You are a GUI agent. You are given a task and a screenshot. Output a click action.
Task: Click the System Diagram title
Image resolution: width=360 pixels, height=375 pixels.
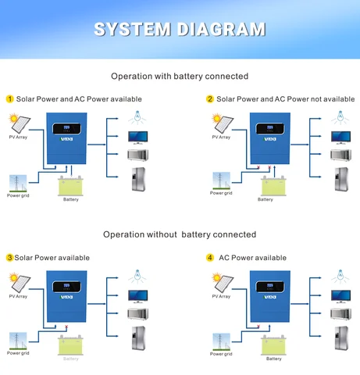click(x=180, y=29)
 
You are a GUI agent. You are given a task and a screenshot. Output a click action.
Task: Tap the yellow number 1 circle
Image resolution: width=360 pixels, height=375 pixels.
click(x=10, y=99)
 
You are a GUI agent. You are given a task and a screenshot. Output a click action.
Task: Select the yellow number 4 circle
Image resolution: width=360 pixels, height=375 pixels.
click(x=210, y=258)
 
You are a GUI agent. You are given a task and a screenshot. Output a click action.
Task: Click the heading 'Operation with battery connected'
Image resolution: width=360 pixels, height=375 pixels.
click(x=180, y=76)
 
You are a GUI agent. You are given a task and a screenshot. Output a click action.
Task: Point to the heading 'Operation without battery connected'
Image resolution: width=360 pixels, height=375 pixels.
click(x=180, y=234)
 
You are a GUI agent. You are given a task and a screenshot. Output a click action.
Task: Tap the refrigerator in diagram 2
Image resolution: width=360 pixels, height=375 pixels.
click(x=340, y=179)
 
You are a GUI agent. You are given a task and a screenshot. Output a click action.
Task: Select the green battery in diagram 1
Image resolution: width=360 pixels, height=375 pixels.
click(x=71, y=186)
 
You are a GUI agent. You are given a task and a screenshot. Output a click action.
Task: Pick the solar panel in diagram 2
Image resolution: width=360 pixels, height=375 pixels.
click(x=220, y=123)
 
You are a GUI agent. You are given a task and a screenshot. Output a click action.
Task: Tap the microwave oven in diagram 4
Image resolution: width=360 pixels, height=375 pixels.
click(x=340, y=313)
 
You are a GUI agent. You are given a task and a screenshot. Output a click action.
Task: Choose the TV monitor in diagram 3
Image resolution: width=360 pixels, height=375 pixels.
click(x=138, y=295)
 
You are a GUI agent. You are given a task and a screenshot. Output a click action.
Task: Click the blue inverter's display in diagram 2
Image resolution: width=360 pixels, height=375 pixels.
click(x=271, y=128)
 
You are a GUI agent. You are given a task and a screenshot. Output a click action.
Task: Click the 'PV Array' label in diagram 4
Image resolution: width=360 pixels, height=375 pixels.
click(x=221, y=296)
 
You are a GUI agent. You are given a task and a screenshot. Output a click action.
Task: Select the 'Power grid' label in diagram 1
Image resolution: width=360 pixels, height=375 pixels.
click(x=18, y=195)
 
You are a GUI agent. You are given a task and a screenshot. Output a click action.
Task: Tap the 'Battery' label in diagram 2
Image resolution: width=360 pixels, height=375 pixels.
click(x=266, y=199)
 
